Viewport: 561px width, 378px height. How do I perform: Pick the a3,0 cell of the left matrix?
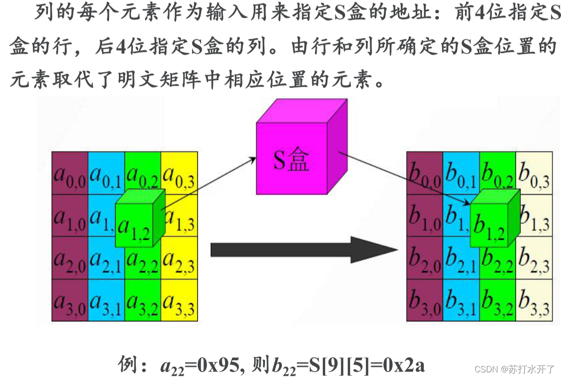pos(70,302)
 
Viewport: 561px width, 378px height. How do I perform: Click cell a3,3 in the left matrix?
pos(179,302)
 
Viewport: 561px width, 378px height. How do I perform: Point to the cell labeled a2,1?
pos(106,260)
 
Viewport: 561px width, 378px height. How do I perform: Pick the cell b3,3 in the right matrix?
pos(534,302)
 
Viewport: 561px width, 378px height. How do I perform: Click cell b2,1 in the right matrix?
pos(461,260)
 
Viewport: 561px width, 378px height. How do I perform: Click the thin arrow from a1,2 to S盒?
pos(209,183)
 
